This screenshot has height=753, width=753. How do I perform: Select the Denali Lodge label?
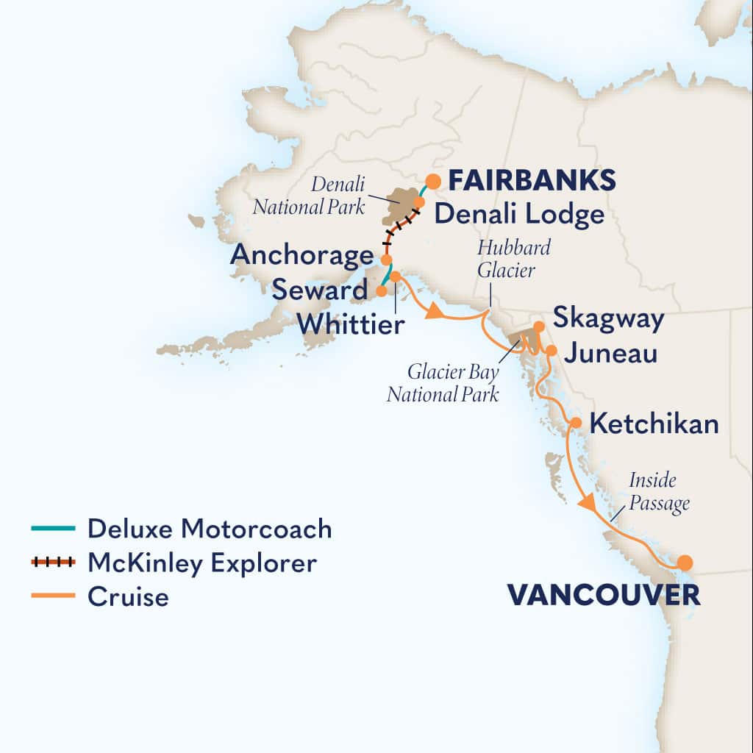(x=518, y=215)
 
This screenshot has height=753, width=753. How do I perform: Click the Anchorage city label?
(x=301, y=256)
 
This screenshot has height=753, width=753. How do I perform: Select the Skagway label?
(x=608, y=319)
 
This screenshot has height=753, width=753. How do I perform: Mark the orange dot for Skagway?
(x=539, y=326)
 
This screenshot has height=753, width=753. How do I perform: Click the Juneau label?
(x=610, y=354)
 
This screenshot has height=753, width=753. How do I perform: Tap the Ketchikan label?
(x=654, y=424)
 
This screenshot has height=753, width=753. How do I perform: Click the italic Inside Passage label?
(x=660, y=492)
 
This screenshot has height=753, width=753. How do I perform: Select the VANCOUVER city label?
(x=603, y=595)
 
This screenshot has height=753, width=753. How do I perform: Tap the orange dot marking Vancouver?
(x=685, y=563)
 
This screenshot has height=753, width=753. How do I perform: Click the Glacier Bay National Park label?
(x=443, y=384)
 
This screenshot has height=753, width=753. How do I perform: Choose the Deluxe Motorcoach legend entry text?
(x=209, y=528)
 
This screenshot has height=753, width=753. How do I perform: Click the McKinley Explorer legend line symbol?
(x=53, y=563)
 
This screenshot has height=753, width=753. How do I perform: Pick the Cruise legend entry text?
(x=128, y=596)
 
